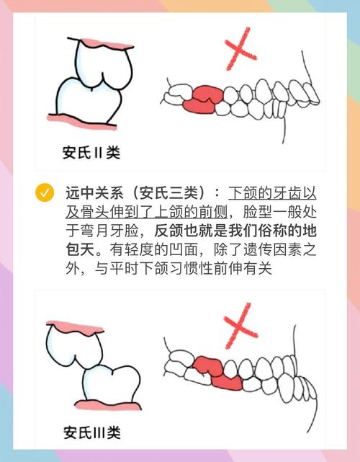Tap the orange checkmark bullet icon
(x=45, y=193)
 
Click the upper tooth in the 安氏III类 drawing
(x=73, y=345)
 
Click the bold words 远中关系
(x=89, y=194)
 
